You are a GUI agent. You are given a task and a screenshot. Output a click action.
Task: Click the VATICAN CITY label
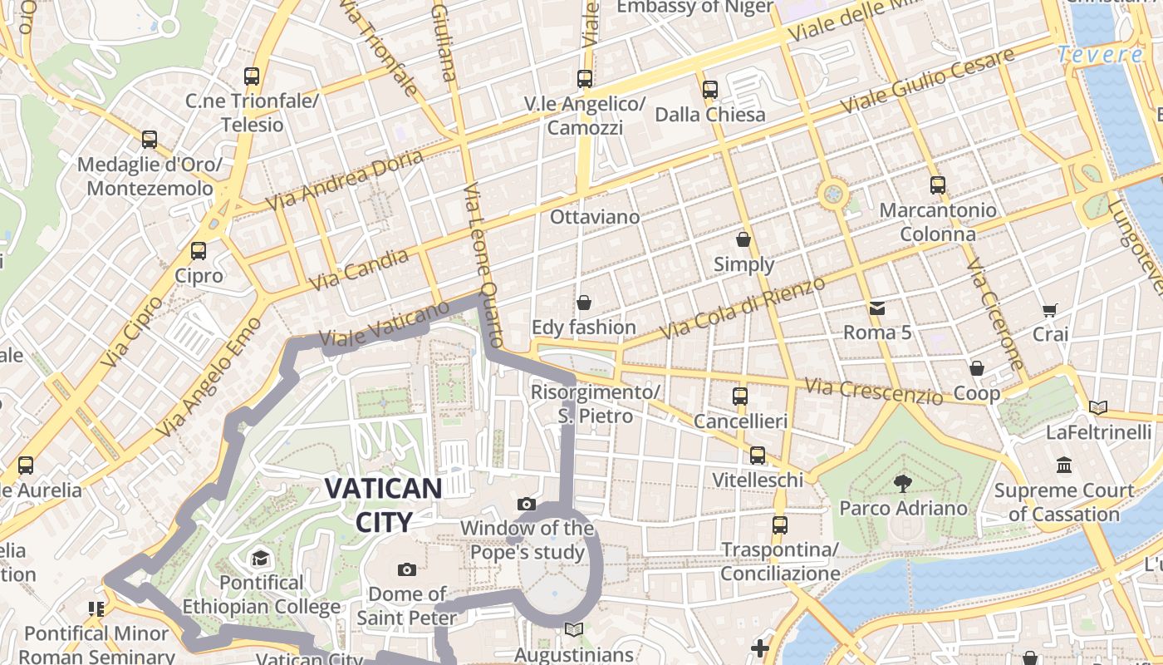click(383, 505)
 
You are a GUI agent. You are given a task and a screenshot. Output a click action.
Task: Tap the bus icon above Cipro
click(199, 250)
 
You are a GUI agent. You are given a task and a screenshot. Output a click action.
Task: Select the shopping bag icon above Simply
click(743, 239)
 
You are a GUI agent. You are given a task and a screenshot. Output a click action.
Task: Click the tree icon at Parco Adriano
click(902, 483)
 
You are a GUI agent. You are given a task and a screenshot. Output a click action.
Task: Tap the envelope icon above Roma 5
click(877, 308)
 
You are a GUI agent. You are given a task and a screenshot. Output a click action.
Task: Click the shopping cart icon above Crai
click(1050, 310)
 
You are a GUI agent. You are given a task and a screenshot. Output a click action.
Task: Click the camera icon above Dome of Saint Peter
click(407, 569)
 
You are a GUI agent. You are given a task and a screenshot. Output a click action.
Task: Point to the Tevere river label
click(1101, 55)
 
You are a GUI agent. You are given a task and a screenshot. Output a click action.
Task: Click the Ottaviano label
click(595, 217)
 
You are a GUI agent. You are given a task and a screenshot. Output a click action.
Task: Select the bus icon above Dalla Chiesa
click(709, 90)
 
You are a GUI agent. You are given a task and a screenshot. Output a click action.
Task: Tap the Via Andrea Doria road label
click(345, 180)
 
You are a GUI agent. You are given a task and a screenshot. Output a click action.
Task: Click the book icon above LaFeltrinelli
click(1098, 407)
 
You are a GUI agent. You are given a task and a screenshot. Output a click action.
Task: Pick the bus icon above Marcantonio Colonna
click(938, 185)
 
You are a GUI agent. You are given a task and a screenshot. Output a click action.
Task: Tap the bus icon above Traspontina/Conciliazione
click(779, 525)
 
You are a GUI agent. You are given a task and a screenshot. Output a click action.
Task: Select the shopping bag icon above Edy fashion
click(584, 303)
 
